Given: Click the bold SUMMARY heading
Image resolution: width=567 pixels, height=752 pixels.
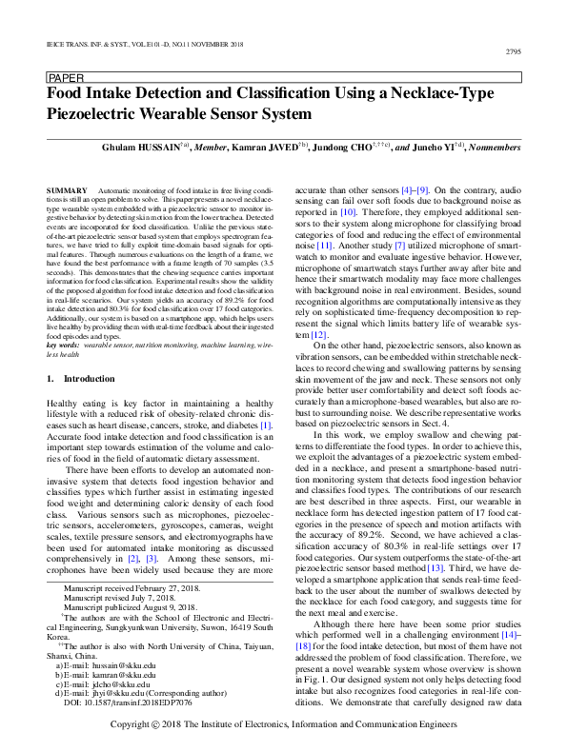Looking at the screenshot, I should pyautogui.click(x=65, y=192).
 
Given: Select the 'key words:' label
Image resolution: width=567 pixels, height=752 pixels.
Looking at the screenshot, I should pyautogui.click(x=64, y=344).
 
